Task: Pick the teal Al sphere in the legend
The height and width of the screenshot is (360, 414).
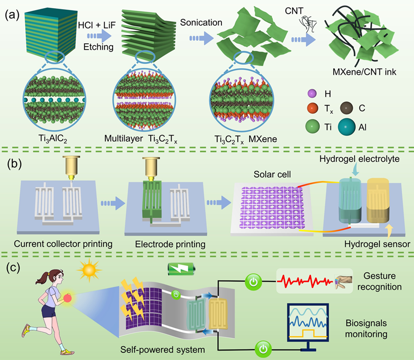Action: pos(348,127)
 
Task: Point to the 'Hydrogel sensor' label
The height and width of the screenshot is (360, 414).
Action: pos(377,243)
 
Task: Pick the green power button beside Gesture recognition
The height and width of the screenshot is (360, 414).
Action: pos(254,282)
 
